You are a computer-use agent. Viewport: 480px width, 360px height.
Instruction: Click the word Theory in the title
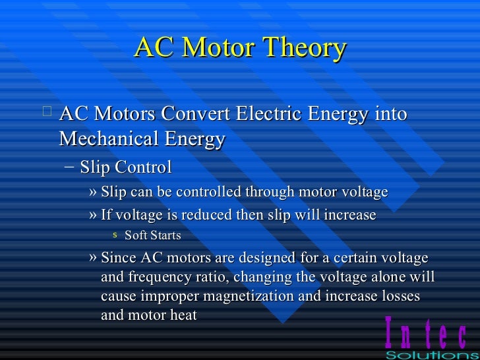pyautogui.click(x=304, y=49)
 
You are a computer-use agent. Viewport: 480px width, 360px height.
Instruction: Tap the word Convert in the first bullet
pyautogui.click(x=193, y=114)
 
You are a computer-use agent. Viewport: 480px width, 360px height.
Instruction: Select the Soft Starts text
pyautogui.click(x=152, y=235)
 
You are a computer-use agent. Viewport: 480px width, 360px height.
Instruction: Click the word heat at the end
pyautogui.click(x=183, y=315)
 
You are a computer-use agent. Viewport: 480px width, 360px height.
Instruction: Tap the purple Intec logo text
pyautogui.click(x=425, y=334)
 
